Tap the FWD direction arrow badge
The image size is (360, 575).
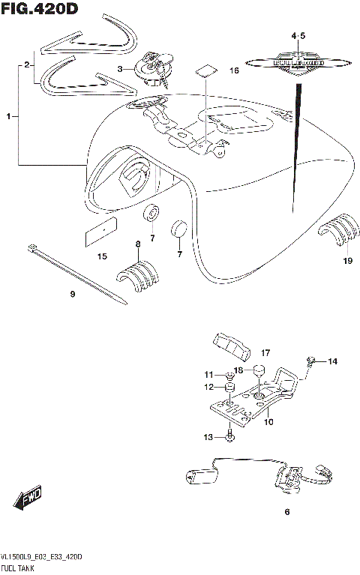(x=26, y=499)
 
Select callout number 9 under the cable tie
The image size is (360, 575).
(x=73, y=295)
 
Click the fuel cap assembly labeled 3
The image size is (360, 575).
(x=153, y=67)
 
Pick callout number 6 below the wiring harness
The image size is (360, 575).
(x=286, y=513)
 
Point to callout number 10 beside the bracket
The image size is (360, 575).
(x=269, y=422)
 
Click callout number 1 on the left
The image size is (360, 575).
(x=9, y=116)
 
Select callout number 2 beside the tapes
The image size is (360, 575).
(x=27, y=65)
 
